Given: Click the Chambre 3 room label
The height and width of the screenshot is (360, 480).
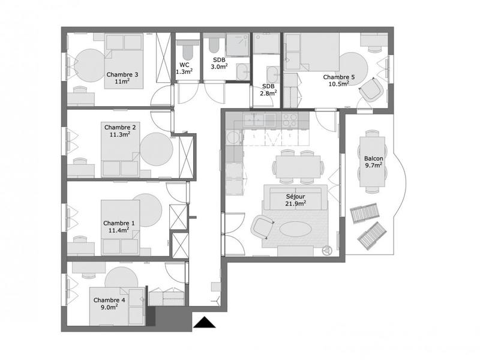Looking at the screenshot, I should click(x=122, y=75).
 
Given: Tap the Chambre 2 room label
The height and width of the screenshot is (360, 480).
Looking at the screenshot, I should click(x=120, y=127).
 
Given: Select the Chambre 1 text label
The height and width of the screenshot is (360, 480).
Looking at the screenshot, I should click(x=119, y=223).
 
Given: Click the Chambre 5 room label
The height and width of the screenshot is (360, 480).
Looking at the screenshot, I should click(x=339, y=77).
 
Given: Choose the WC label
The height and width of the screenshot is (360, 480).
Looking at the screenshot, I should click(x=184, y=65).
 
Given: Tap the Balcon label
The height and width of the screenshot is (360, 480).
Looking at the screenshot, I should click(x=374, y=160).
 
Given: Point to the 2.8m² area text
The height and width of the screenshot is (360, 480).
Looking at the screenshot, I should click(x=268, y=93).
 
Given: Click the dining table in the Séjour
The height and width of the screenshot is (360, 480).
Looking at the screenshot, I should click(x=296, y=166).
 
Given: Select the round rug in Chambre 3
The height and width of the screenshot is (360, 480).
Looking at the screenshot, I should click(x=91, y=65).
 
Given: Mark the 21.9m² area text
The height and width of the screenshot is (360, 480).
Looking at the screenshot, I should click(x=296, y=204).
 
